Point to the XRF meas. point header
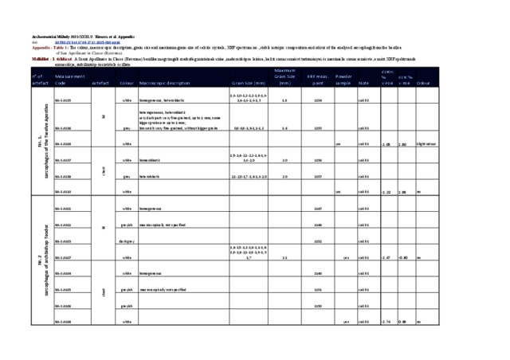point(317,79)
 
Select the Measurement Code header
point(70,79)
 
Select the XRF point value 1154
point(318,101)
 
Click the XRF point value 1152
point(318,241)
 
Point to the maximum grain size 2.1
point(284,257)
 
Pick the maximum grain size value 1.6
point(284,101)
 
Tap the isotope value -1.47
point(387,257)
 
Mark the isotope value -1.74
point(387,322)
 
